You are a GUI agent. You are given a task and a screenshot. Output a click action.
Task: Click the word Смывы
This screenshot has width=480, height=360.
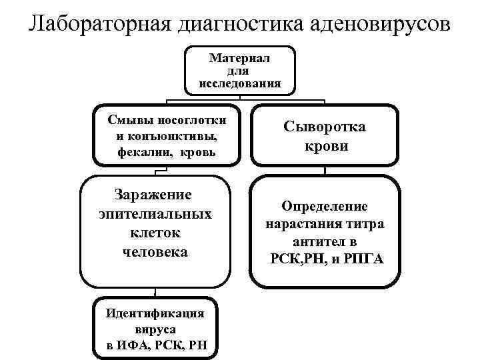tap(131, 120)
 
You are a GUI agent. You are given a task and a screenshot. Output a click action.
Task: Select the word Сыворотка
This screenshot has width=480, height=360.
tap(325, 127)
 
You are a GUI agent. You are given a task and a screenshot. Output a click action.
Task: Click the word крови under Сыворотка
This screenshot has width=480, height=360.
tap(325, 146)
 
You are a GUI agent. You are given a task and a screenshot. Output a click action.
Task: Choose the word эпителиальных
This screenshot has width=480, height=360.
tap(155, 214)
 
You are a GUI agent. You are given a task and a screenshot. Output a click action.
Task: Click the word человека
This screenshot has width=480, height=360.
tap(155, 252)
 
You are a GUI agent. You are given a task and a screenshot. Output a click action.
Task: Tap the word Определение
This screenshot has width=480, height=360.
tap(325, 207)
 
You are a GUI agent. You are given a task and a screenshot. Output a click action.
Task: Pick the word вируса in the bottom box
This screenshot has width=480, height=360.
tap(155, 329)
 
